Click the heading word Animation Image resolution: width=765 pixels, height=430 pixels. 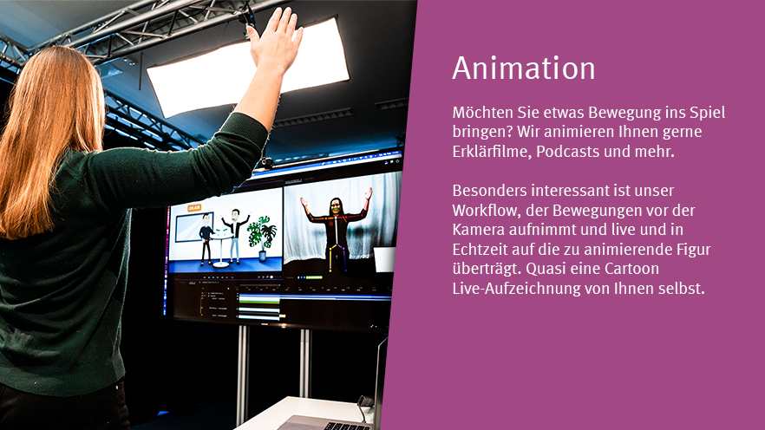point(524,68)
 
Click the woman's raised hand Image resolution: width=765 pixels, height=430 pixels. point(276,42)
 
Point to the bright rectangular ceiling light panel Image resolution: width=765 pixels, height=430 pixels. point(248,68)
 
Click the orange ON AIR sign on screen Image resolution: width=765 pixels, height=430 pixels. point(194,208)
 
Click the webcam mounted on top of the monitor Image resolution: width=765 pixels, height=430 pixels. point(266,162)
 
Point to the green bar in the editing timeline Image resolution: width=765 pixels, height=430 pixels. point(259,302)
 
